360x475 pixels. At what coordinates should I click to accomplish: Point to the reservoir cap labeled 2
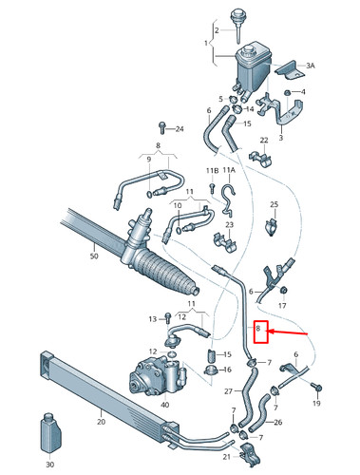click(x=233, y=19)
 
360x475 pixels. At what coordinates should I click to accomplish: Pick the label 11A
click(x=228, y=170)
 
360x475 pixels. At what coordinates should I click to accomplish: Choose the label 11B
click(x=212, y=170)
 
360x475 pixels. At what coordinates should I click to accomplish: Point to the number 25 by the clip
click(x=273, y=205)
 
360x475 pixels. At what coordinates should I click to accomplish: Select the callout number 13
click(x=152, y=318)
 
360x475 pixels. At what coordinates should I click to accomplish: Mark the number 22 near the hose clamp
click(x=265, y=141)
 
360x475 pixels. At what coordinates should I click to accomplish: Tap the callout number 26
click(x=277, y=423)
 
